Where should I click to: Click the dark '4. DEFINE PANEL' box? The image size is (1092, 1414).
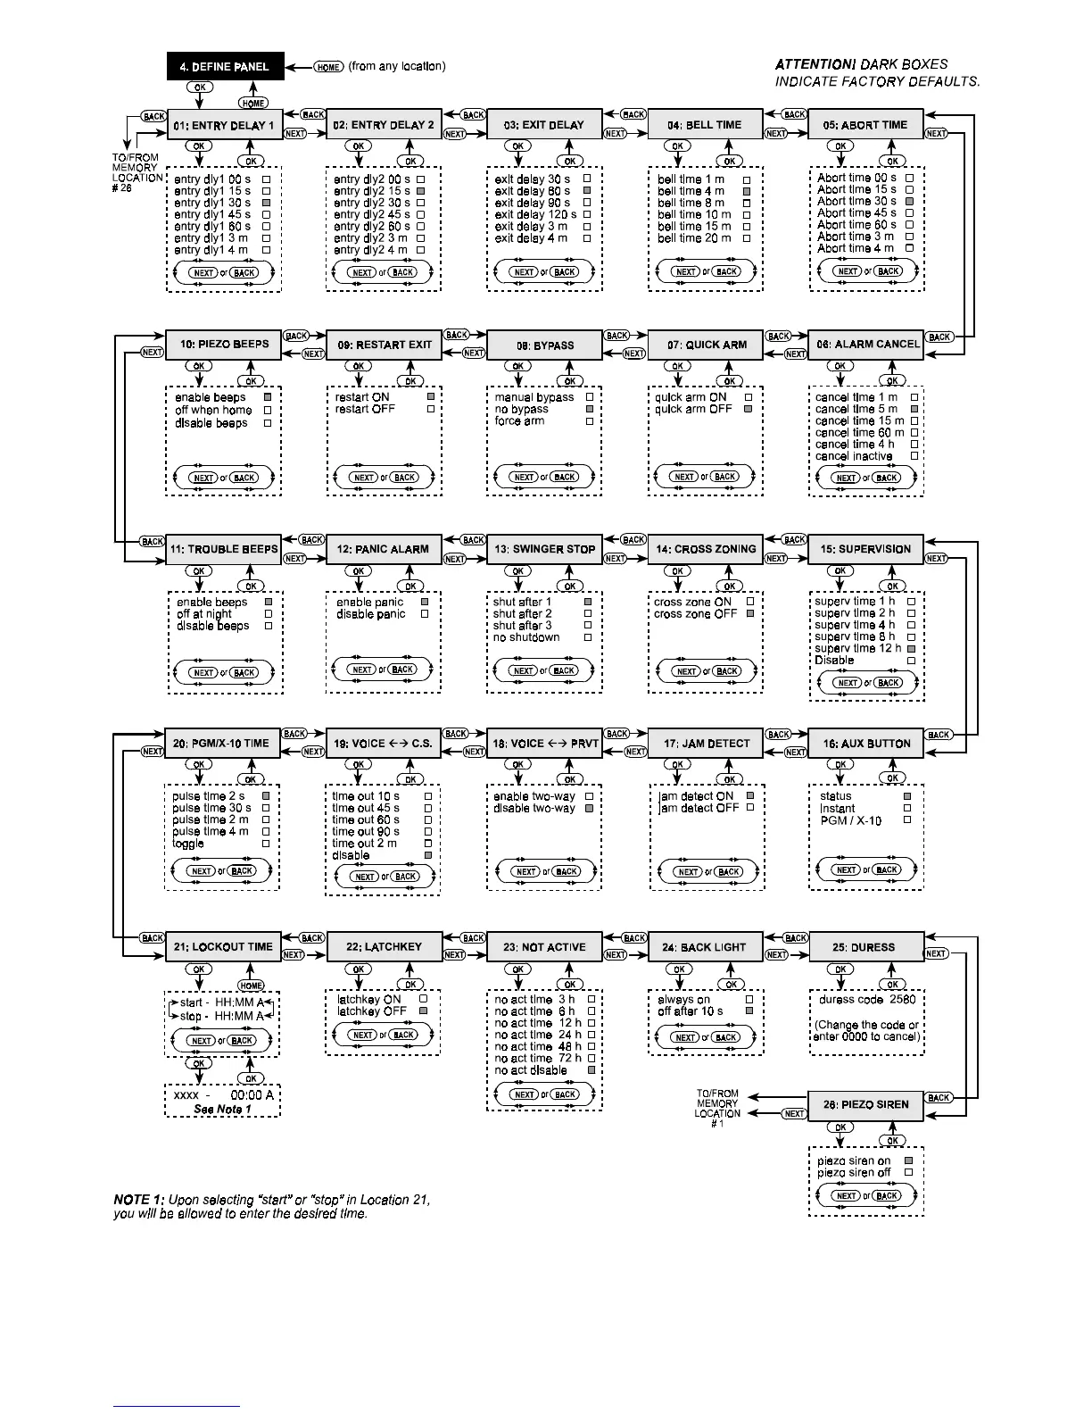click(224, 67)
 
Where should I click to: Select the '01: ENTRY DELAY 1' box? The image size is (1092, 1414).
click(224, 125)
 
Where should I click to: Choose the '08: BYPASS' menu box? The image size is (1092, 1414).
click(544, 345)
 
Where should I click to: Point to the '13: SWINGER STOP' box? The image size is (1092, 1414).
click(544, 549)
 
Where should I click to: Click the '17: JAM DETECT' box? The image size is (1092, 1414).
click(707, 744)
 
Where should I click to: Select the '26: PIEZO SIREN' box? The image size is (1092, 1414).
click(865, 1104)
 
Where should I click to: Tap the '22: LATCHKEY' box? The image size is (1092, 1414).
click(384, 947)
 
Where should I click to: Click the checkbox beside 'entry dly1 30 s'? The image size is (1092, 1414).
click(266, 203)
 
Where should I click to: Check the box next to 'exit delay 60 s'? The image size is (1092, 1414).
click(587, 191)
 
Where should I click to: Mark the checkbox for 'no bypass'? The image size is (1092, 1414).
click(589, 409)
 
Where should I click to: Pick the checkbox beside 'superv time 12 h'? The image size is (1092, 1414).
click(911, 649)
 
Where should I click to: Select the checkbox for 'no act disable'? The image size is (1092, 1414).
click(591, 1069)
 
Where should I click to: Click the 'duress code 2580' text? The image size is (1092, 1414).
click(866, 1000)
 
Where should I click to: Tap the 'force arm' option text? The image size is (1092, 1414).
click(519, 421)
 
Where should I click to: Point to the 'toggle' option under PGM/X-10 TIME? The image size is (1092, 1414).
click(188, 844)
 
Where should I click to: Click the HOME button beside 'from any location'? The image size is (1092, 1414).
click(328, 67)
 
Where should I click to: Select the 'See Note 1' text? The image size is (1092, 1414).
click(222, 1110)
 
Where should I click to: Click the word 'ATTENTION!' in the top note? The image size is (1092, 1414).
click(815, 64)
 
